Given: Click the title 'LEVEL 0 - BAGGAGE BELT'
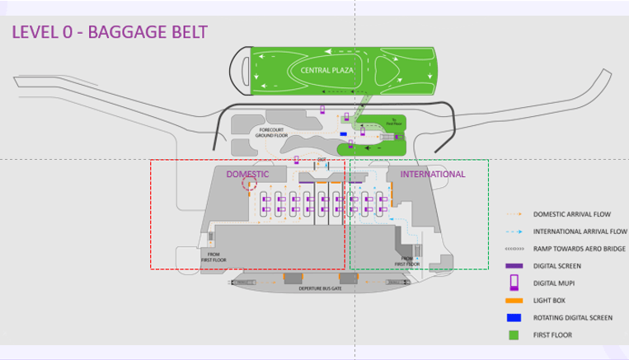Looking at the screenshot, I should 109,33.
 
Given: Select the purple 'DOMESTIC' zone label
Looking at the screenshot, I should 247,175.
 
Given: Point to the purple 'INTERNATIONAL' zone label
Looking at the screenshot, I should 433,175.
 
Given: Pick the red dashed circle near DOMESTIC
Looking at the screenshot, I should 248,185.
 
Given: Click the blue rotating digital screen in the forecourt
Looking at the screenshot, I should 343,132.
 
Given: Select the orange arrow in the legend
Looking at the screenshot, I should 514,214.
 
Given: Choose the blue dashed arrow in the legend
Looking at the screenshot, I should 514,231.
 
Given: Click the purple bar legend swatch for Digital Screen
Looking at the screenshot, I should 514,266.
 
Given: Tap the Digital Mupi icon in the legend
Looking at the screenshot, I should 514,283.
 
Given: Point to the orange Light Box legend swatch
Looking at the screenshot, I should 514,301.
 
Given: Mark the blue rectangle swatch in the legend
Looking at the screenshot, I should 514,317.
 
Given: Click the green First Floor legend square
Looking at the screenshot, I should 514,335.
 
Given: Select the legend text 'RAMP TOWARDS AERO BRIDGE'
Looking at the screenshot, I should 571,249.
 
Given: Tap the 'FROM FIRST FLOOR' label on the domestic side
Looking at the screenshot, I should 213,256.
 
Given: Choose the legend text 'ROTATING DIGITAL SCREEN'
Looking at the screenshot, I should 572,317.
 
